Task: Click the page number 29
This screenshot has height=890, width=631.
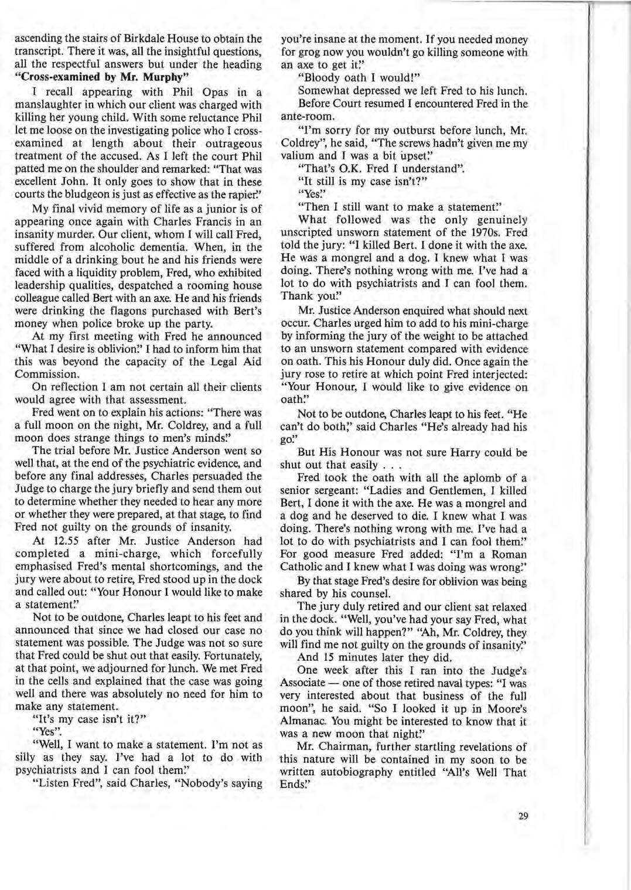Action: point(523,815)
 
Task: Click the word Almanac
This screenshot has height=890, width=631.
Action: point(302,721)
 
